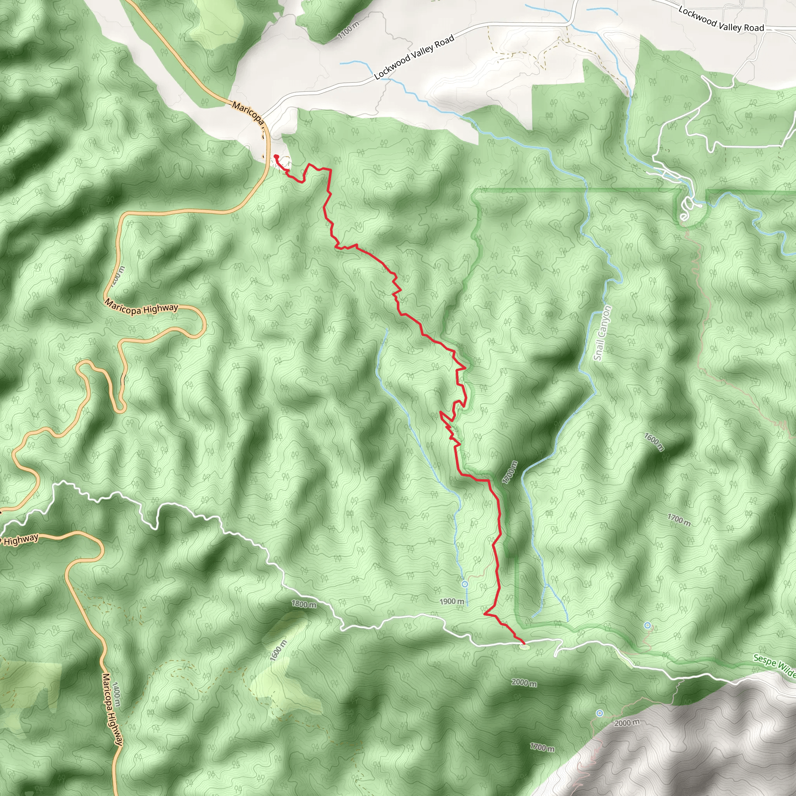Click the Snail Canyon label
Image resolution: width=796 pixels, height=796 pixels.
click(x=603, y=333)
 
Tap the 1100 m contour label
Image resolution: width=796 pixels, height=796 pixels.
click(x=348, y=30)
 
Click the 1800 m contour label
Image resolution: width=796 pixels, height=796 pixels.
click(x=304, y=604)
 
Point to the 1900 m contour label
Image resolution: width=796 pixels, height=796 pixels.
click(x=452, y=602)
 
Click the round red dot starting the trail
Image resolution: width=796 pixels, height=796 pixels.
click(x=276, y=157)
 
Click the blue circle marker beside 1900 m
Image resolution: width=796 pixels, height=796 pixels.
click(x=465, y=584)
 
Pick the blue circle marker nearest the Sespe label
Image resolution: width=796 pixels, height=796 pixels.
click(x=648, y=625)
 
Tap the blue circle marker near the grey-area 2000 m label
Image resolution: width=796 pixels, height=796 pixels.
click(x=600, y=713)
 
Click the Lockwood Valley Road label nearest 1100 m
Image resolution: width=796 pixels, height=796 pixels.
click(x=414, y=57)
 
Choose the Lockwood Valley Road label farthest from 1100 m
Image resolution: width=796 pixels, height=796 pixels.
click(x=721, y=19)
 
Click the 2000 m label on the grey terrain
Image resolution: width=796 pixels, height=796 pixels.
click(x=627, y=723)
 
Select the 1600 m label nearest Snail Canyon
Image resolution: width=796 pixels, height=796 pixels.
click(x=654, y=442)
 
